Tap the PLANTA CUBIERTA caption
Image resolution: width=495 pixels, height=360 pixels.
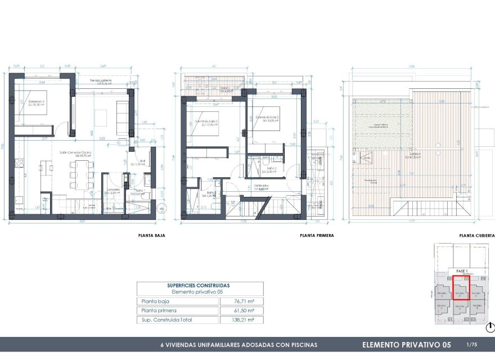click(x=476, y=236)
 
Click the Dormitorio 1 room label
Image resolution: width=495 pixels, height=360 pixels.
click(x=29, y=102)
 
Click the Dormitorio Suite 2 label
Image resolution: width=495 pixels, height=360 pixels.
click(x=267, y=118)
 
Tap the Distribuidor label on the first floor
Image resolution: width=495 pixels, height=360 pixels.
click(x=261, y=186)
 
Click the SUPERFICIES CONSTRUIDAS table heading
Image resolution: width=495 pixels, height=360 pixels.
click(x=199, y=285)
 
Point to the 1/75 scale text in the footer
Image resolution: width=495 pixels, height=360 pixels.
click(x=471, y=344)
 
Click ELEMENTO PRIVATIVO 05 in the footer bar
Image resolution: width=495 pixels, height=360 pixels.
click(x=407, y=344)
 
